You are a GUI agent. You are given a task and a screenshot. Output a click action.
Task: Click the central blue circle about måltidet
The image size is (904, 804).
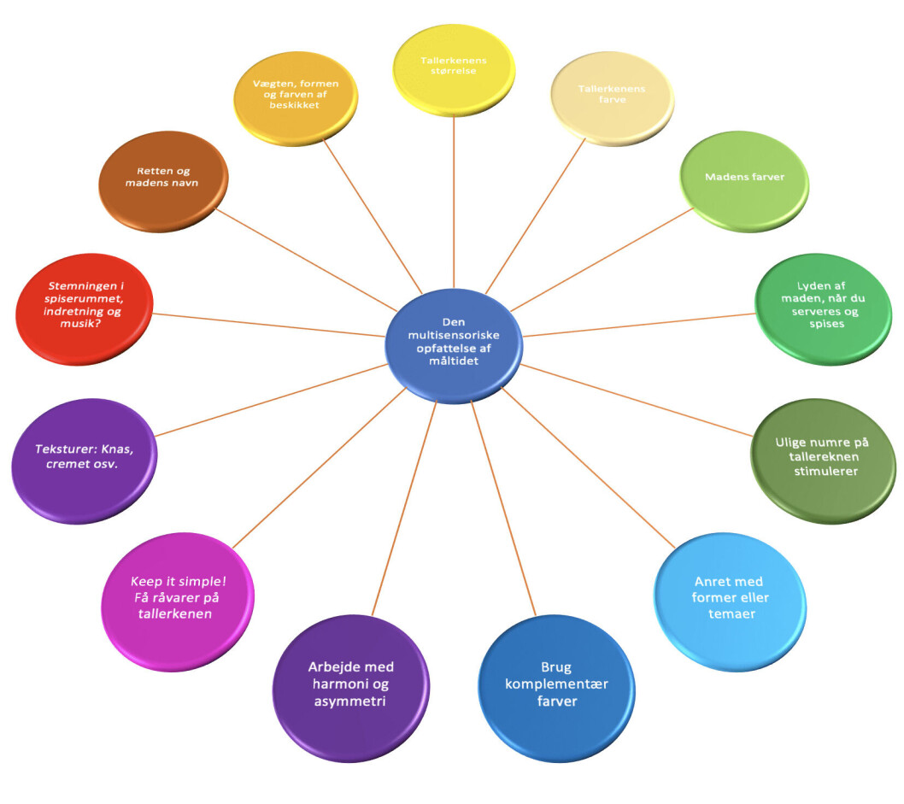click(x=454, y=345)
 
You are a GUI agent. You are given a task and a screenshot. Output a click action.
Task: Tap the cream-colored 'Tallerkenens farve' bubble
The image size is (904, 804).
click(x=613, y=98)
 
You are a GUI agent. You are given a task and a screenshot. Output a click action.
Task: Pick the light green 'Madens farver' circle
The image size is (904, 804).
click(x=744, y=181)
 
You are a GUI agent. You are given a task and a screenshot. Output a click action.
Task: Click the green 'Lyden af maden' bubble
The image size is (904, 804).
click(x=824, y=308)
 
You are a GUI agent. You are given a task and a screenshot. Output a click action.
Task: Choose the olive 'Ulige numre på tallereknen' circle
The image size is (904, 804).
click(x=824, y=461)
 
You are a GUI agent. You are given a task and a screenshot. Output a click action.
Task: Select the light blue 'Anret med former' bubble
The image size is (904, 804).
click(x=730, y=602)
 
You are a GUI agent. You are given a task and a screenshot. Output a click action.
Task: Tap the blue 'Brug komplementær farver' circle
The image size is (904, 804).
click(x=556, y=688)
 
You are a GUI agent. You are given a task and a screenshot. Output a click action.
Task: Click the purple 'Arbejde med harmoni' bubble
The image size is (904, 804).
click(x=350, y=688)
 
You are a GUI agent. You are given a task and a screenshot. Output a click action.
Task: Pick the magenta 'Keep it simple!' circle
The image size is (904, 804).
click(x=178, y=602)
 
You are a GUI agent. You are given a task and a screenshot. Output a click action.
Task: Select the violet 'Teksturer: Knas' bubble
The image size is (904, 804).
click(x=85, y=461)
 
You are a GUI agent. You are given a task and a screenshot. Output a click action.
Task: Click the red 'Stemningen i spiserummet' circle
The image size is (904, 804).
click(x=85, y=308)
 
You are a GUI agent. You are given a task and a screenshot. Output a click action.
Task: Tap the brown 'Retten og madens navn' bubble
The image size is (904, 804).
click(x=164, y=181)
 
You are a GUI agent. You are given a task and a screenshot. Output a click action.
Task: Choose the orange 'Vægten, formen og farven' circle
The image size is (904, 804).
click(x=296, y=98)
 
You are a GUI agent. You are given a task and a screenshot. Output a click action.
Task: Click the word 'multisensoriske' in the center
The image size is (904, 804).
click(x=454, y=335)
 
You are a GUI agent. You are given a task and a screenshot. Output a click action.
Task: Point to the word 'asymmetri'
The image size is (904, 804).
click(x=350, y=701)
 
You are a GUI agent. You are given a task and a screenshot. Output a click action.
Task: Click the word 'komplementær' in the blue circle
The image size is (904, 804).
click(x=557, y=684)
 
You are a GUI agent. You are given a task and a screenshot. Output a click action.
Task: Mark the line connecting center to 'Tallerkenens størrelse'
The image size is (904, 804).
click(x=454, y=202)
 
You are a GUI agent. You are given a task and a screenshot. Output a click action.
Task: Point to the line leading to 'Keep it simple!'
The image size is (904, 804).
click(x=320, y=467)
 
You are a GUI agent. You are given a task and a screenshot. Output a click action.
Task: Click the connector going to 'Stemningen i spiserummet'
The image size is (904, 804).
click(x=268, y=325)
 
